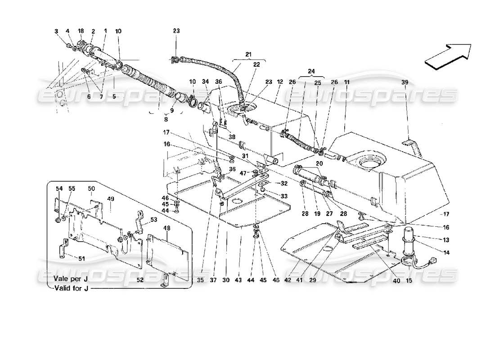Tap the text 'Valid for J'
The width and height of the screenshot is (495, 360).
(71, 288)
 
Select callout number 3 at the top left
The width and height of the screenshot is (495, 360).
(57, 31)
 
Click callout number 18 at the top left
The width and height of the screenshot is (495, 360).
(81, 31)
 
